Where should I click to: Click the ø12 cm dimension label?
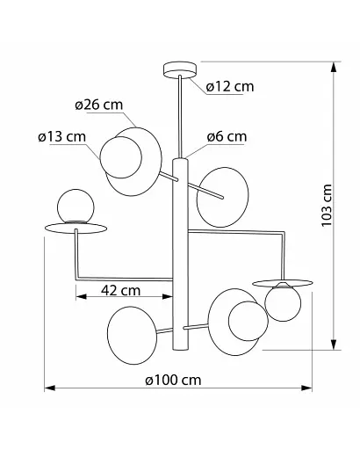click(x=230, y=87)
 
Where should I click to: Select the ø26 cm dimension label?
click(x=98, y=105)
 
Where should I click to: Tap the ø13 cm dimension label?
click(x=61, y=137)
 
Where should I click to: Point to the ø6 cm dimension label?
click(x=227, y=136)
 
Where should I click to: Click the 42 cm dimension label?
click(x=121, y=290)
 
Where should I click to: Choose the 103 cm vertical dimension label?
click(x=327, y=205)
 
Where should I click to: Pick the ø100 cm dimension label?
click(x=173, y=381)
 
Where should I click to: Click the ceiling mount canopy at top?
click(x=180, y=70)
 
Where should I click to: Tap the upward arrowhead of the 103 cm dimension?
click(x=333, y=67)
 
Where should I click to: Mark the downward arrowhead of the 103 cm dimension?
click(x=333, y=345)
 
